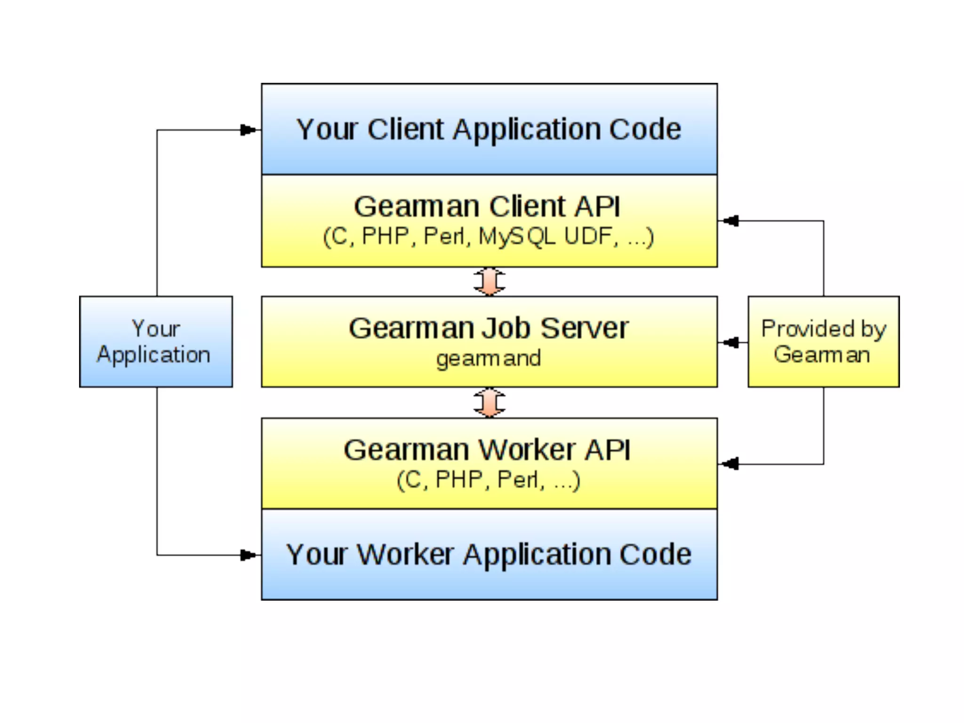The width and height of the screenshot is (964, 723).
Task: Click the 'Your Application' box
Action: click(x=156, y=342)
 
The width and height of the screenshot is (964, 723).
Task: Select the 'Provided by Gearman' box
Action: click(x=823, y=342)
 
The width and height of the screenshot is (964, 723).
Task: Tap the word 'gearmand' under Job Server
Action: click(x=488, y=359)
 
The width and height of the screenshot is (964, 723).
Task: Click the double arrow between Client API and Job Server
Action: click(x=490, y=281)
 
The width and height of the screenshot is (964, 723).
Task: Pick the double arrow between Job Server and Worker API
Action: click(x=490, y=403)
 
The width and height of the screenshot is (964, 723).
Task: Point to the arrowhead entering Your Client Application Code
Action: click(x=248, y=130)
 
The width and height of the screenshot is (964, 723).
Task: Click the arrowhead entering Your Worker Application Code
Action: click(x=248, y=555)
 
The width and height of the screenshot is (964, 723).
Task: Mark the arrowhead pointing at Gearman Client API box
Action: click(x=731, y=220)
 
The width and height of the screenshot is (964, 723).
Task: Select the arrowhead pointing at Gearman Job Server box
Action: click(x=731, y=342)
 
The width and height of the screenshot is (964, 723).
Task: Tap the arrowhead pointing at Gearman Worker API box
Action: click(x=731, y=464)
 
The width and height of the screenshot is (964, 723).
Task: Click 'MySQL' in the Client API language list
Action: click(x=517, y=237)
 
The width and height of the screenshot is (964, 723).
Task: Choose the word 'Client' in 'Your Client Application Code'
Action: click(x=405, y=129)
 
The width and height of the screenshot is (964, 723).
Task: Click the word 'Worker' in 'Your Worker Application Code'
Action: click(x=405, y=554)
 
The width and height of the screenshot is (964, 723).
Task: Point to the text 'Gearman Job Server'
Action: click(x=489, y=328)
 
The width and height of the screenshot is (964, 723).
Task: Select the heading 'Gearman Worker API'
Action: click(x=487, y=450)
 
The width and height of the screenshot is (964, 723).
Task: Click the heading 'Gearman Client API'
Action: click(x=487, y=207)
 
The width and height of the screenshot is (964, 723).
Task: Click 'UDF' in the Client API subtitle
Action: click(x=591, y=237)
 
